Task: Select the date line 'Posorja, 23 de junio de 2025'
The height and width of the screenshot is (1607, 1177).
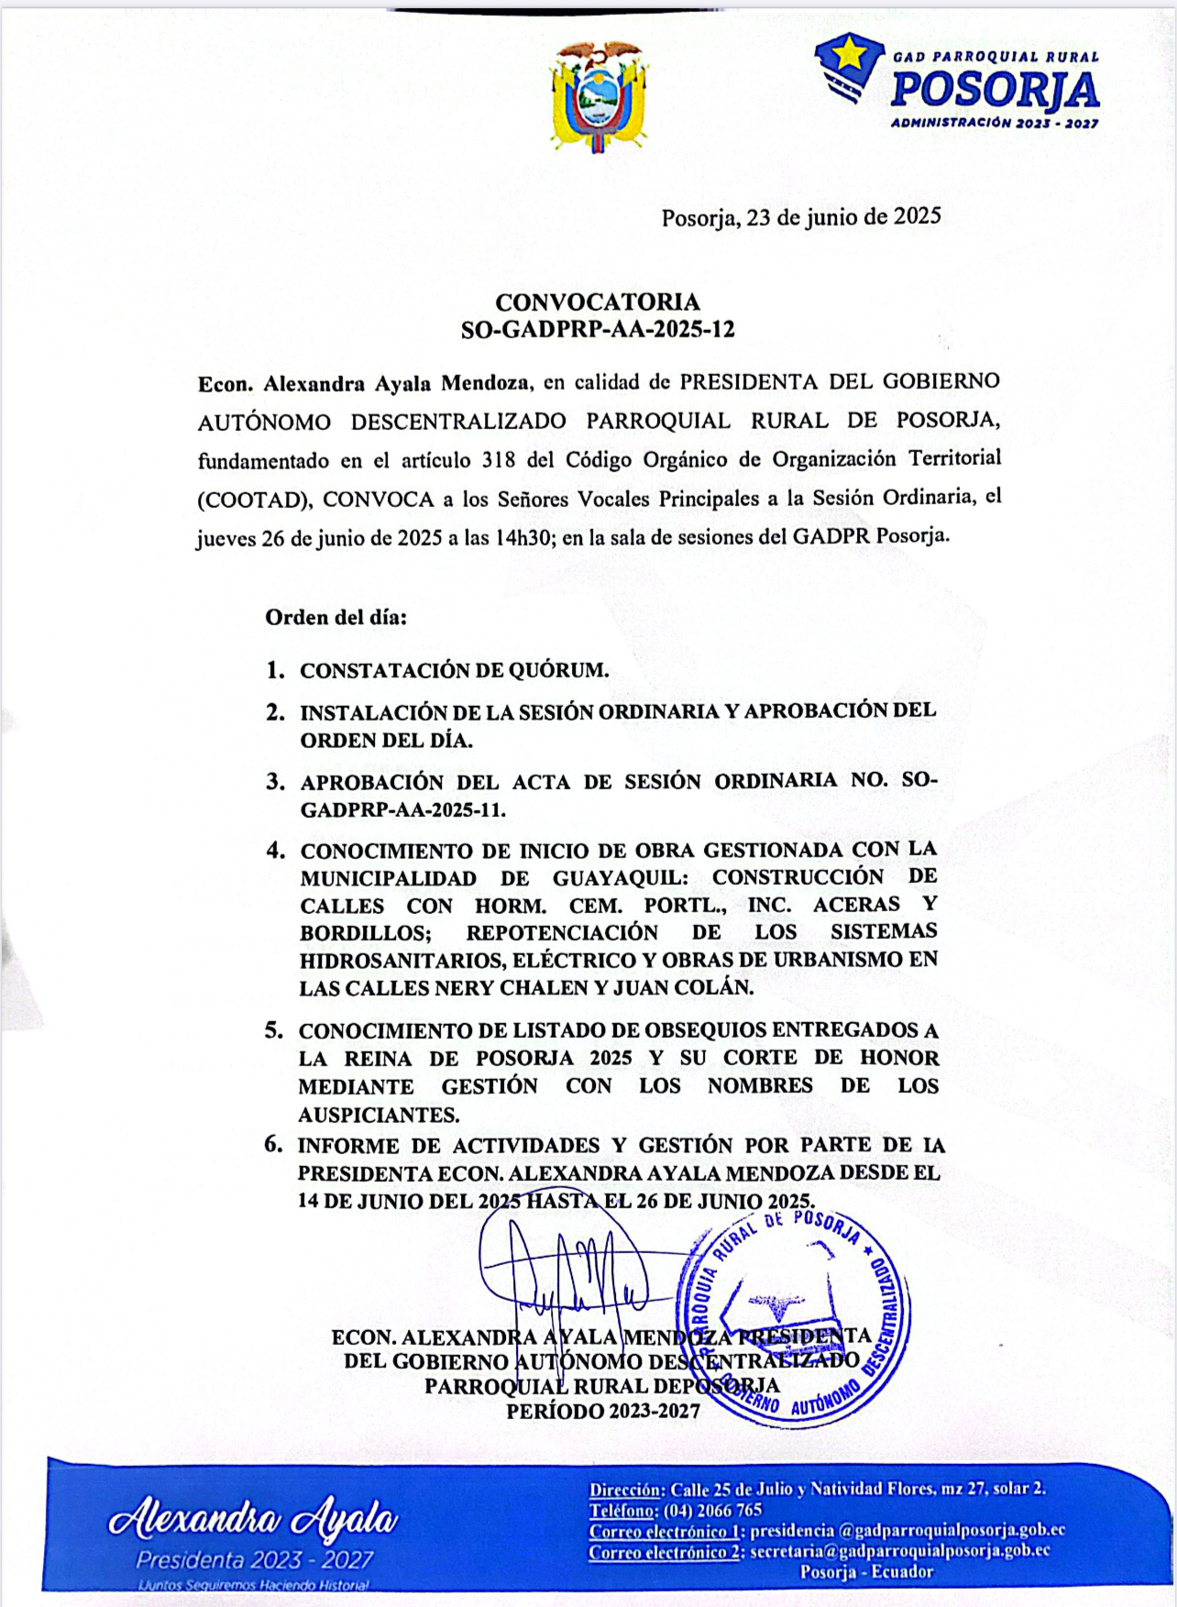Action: [x=801, y=216]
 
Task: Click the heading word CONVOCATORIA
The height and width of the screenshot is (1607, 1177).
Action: [x=598, y=302]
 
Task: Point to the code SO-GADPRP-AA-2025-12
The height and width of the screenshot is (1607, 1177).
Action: [x=598, y=329]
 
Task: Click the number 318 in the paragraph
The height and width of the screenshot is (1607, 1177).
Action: [x=499, y=459]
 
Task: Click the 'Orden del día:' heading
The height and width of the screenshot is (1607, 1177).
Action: [x=336, y=617]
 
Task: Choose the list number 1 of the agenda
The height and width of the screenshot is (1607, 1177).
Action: [x=275, y=670]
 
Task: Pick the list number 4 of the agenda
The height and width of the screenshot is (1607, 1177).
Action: [x=275, y=851]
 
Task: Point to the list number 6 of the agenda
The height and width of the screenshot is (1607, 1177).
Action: [x=273, y=1144]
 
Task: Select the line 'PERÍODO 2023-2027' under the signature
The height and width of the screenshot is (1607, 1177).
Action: [x=602, y=1411]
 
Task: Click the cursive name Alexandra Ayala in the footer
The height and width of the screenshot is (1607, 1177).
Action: [x=253, y=1520]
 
